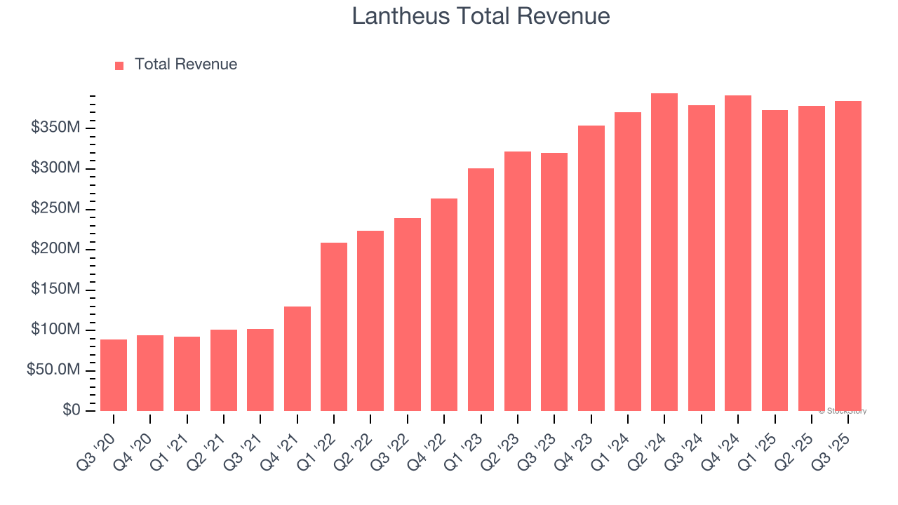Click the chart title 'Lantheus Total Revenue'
[x=481, y=16]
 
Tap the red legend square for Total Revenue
[x=119, y=65]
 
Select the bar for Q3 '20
[x=114, y=375]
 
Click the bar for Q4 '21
[x=297, y=358]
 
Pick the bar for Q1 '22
[x=334, y=327]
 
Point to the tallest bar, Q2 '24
[x=664, y=252]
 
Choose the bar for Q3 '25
[x=848, y=256]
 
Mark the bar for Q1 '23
[x=481, y=290]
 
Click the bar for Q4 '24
[x=738, y=253]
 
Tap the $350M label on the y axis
[x=55, y=128]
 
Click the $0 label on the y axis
[x=71, y=410]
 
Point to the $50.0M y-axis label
[x=53, y=370]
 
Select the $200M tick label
[x=55, y=249]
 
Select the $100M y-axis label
[x=55, y=330]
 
